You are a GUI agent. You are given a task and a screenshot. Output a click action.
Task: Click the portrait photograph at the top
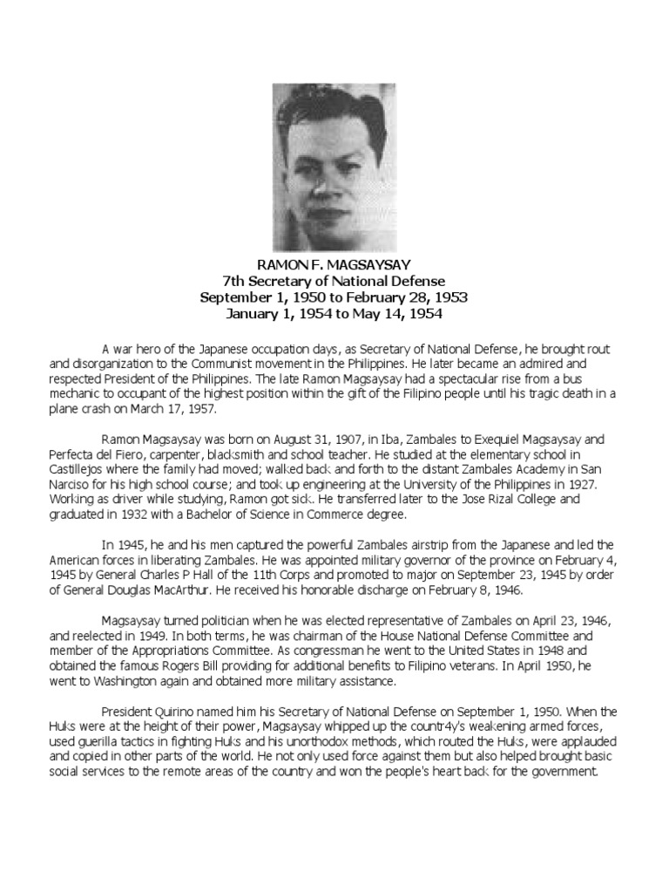coord(334,167)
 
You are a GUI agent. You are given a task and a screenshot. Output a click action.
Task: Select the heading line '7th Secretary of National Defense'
coord(334,281)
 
